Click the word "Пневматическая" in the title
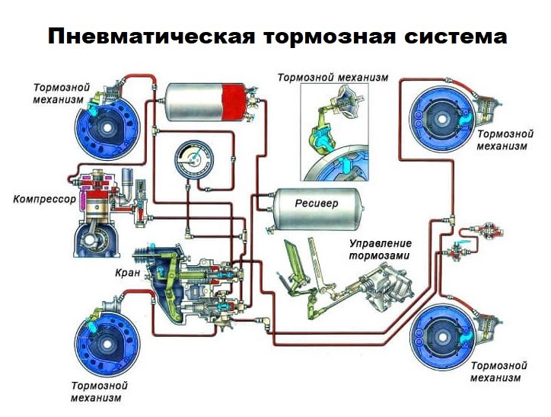(151, 37)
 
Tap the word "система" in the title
(455, 37)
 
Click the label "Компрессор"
(45, 200)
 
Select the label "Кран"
(128, 272)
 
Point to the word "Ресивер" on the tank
(317, 203)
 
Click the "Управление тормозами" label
(380, 249)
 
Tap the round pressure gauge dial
(194, 159)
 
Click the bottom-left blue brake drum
(107, 344)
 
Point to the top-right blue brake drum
(441, 119)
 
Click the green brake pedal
(295, 258)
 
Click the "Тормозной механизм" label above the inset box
(333, 78)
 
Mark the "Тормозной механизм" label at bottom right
(498, 371)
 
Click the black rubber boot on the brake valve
(142, 255)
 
